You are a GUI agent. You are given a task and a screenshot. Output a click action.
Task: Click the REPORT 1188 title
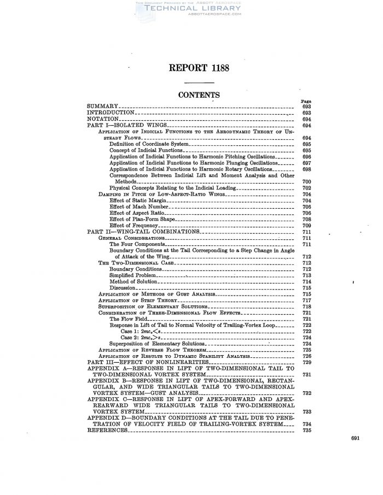(191, 68)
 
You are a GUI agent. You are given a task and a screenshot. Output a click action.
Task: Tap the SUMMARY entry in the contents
(102, 105)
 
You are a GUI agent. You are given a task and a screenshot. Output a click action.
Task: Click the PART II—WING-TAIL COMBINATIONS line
(143, 232)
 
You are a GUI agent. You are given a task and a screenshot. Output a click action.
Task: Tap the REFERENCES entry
(108, 431)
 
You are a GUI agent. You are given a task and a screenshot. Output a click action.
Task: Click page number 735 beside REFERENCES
(306, 431)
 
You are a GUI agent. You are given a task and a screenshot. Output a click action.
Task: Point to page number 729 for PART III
(306, 362)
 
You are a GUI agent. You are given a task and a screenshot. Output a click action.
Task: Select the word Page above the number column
(306, 101)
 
